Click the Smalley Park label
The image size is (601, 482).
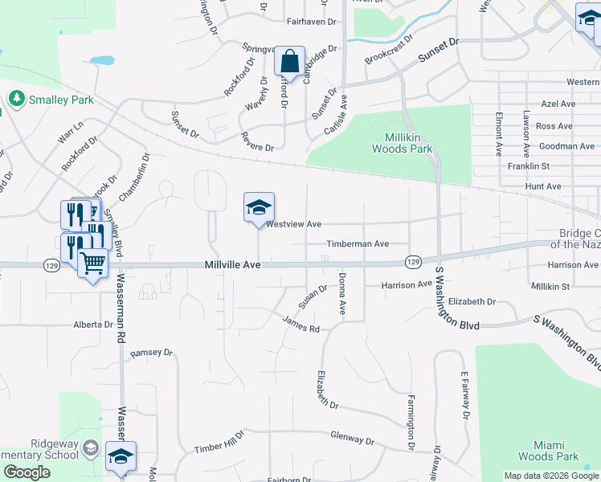[x=51, y=100]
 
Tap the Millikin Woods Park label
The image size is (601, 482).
[x=403, y=143]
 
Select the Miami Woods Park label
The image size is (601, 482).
[x=556, y=451]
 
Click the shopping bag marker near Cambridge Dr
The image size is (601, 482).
[x=289, y=61]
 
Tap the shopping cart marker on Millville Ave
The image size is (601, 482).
[x=93, y=263]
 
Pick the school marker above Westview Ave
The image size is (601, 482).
[x=259, y=208]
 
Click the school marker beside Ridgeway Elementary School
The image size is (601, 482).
[x=121, y=456]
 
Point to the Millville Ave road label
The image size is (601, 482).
[x=233, y=264]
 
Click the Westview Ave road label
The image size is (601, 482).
[x=294, y=224]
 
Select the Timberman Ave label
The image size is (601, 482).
[x=357, y=244]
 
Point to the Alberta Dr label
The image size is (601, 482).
[x=93, y=325]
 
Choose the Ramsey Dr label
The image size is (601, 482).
[x=151, y=353]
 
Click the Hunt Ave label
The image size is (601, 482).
[x=544, y=186]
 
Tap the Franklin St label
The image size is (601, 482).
[x=528, y=166]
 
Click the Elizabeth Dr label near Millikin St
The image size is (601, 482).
[x=472, y=301]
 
